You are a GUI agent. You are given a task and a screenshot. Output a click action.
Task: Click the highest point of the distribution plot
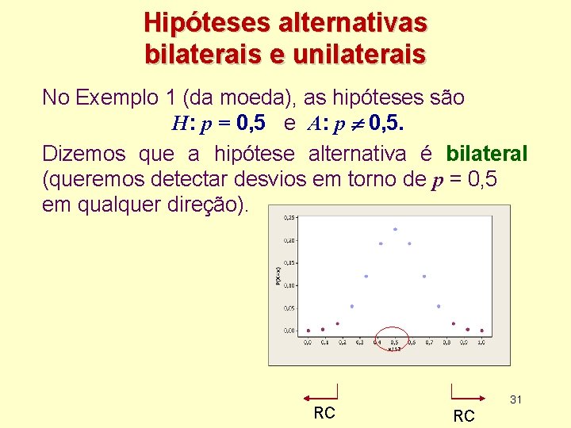(395, 230)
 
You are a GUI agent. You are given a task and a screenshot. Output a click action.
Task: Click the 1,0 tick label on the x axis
(481, 342)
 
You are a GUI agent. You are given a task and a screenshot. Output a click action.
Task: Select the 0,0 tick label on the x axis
(308, 342)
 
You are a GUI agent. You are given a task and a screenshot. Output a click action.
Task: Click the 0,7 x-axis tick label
(429, 342)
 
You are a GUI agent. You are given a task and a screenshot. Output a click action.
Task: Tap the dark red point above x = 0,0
(308, 331)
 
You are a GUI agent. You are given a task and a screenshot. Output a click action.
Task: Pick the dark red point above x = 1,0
(481, 331)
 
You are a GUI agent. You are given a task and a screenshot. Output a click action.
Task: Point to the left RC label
(324, 413)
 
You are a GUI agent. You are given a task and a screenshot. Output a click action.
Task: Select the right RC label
(464, 416)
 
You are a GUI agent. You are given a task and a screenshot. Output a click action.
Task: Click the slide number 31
(515, 399)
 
